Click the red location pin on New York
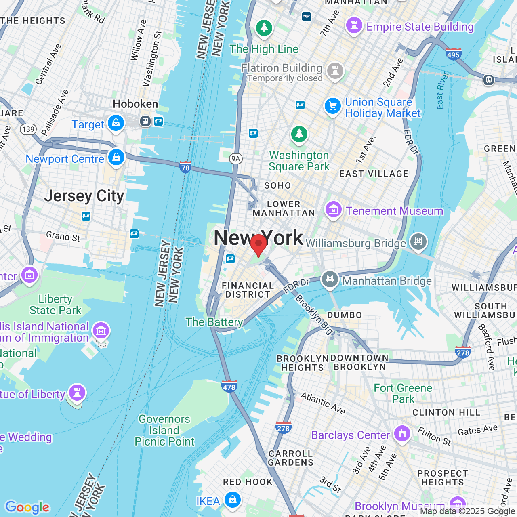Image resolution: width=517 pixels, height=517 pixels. coord(258,244)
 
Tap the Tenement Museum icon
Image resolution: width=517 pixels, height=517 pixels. coord(334,210)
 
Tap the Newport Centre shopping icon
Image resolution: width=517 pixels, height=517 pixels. coord(116,157)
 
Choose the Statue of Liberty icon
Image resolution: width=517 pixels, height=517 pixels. coord(77,392)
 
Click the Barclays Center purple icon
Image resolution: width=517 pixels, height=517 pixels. coord(402,434)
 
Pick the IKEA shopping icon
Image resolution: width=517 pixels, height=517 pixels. coord(233,500)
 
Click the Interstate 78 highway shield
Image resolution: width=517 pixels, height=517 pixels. coord(185,166)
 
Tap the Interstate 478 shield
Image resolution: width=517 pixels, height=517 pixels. coord(229,387)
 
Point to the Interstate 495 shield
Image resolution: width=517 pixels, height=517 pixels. coord(453,54)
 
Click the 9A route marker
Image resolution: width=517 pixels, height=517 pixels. coord(236,159)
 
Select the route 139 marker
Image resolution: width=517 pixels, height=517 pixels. coord(28,129)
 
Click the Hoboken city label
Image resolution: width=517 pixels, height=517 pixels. coord(135,104)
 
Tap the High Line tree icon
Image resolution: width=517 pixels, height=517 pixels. coord(264,28)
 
